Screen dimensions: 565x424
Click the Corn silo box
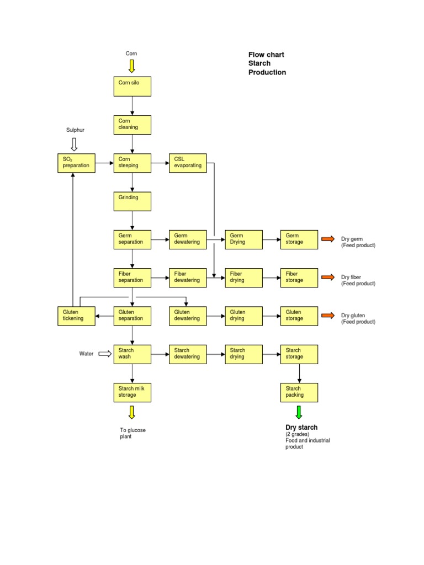(x=132, y=86)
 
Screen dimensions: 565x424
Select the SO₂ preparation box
(x=76, y=163)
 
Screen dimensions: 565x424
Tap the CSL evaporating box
(x=188, y=163)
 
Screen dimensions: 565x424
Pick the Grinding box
(x=132, y=201)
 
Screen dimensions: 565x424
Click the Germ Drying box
(x=243, y=239)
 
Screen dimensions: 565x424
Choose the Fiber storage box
(x=299, y=278)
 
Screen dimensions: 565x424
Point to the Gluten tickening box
(x=76, y=316)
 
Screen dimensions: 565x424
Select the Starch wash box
(x=132, y=354)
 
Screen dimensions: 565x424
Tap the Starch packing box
(x=299, y=392)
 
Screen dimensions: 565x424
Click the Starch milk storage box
(x=132, y=392)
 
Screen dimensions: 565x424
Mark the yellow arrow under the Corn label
(x=131, y=66)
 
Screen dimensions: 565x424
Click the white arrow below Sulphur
(x=75, y=145)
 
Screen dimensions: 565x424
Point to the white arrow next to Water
(x=105, y=354)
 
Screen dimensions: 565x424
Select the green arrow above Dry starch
(x=299, y=412)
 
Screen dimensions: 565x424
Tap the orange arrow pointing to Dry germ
(x=328, y=239)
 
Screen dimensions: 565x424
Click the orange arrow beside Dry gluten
(x=328, y=316)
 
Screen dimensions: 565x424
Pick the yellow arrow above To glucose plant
(x=131, y=412)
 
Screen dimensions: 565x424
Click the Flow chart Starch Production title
(x=267, y=63)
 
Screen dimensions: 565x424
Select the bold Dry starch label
(x=301, y=428)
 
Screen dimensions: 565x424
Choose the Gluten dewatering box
(x=188, y=316)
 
